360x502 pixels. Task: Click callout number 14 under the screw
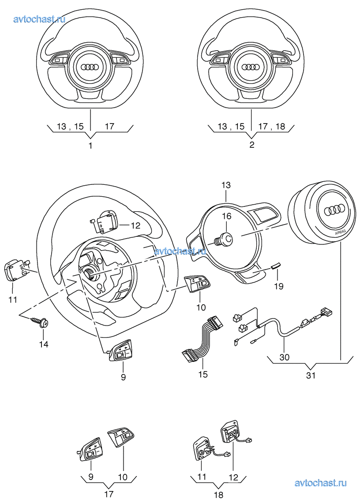point(43,344)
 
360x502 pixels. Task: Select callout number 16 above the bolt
point(226,216)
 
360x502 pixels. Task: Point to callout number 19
point(278,286)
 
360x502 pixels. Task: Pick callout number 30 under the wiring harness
point(285,357)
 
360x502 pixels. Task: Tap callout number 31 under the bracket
point(311,375)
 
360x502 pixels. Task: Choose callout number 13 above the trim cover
point(226,185)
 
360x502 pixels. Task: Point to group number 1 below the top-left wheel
point(90,145)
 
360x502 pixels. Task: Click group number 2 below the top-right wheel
point(251,145)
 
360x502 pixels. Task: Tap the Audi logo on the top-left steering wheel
point(90,67)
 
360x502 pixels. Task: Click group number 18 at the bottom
point(218,495)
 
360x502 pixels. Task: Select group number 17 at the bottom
point(108,494)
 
